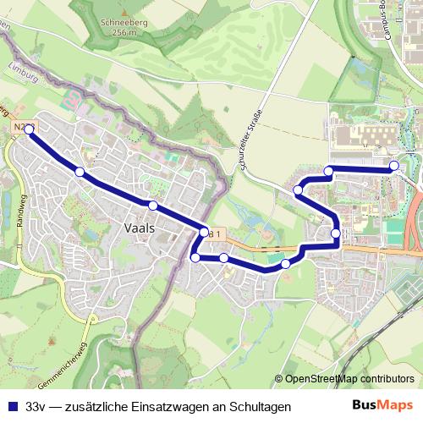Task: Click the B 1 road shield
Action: (216, 234)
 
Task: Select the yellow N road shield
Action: (20, 126)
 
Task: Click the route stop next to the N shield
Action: (30, 129)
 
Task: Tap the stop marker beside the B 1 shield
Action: (204, 231)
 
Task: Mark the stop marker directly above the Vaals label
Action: (152, 206)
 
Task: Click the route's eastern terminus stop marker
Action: (394, 165)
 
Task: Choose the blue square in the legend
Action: (12, 407)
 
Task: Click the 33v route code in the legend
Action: (36, 407)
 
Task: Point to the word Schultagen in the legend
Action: (261, 407)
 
